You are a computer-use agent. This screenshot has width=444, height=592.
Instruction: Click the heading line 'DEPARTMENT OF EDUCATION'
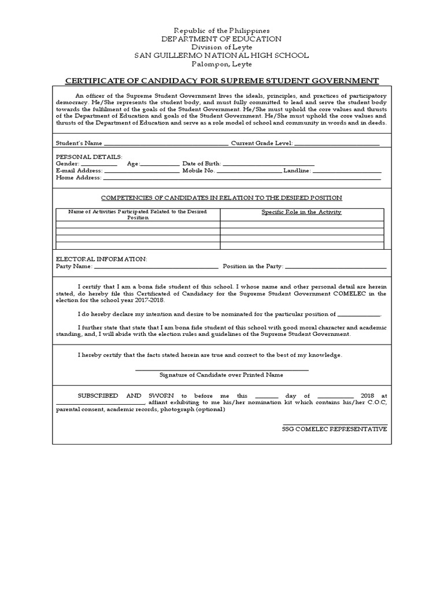coord(221,39)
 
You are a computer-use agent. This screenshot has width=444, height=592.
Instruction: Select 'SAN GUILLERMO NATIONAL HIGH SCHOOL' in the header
coord(221,55)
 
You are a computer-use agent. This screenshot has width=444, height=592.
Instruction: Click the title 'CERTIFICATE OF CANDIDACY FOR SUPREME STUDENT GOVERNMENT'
coord(221,80)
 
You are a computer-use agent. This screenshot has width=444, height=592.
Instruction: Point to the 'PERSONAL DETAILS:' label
coord(88,157)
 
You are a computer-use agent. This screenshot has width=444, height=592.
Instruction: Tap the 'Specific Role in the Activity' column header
coord(301,212)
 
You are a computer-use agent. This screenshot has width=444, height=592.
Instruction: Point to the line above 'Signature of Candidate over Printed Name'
coord(221,369)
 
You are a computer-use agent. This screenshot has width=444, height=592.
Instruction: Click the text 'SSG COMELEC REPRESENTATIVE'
coord(335,429)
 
